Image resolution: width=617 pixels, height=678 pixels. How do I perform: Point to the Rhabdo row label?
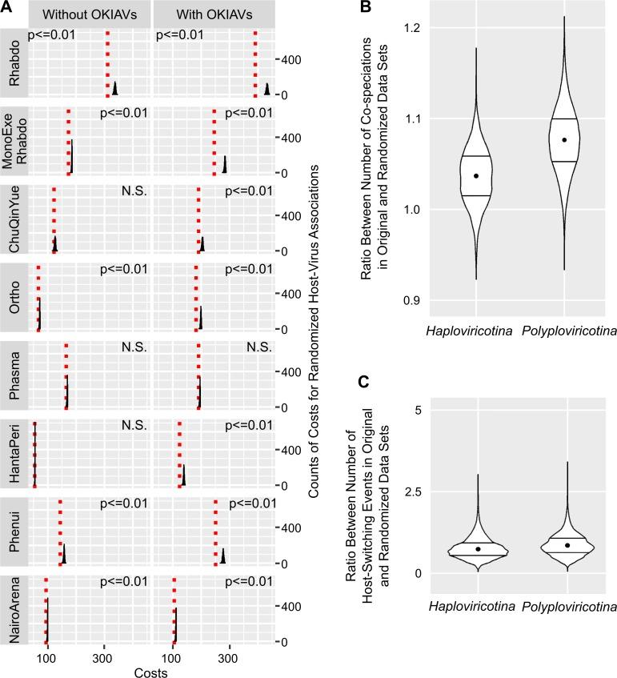14,62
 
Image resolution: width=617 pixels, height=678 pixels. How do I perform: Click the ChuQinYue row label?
14,219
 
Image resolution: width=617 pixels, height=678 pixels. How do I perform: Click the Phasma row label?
14,375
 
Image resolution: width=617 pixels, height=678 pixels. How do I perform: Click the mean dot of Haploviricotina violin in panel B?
476,175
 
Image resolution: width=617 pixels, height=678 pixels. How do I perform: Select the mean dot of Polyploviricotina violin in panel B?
564,139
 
